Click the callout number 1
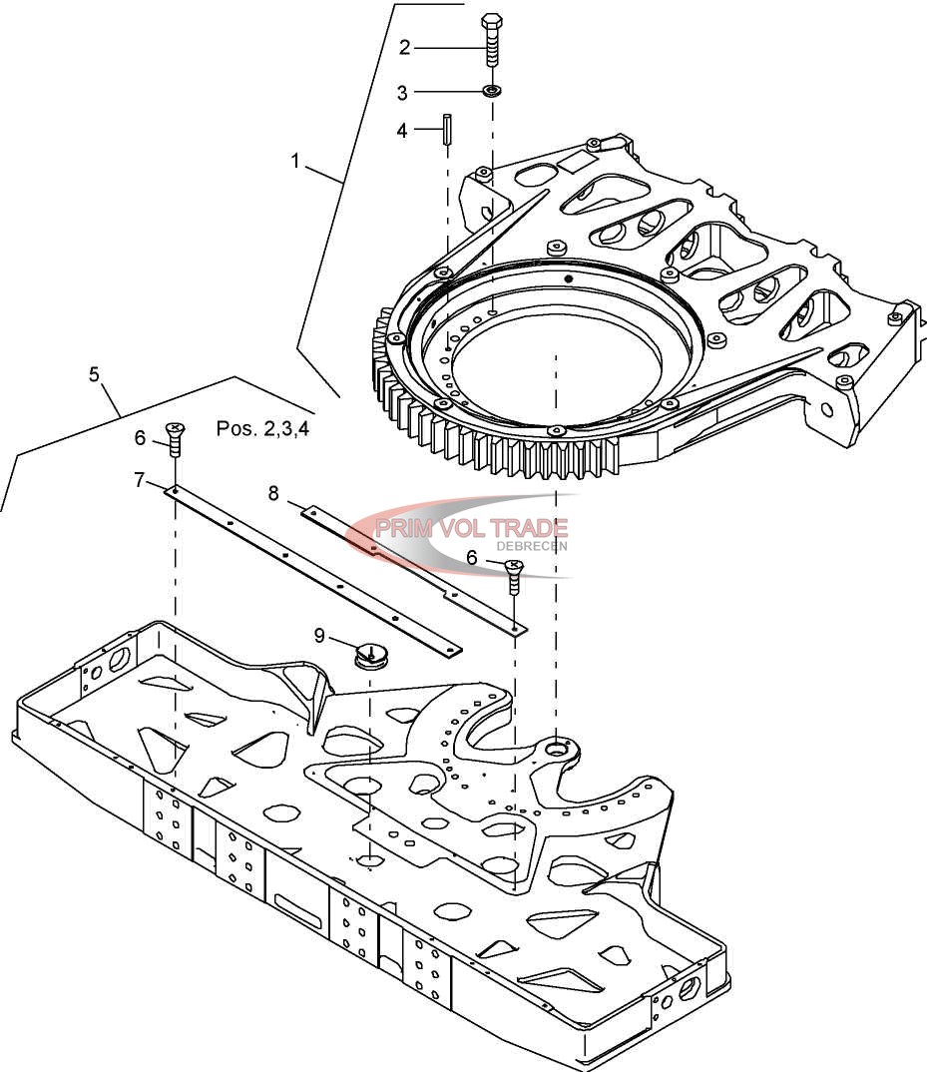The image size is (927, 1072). pyautogui.click(x=295, y=162)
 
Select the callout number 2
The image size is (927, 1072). pyautogui.click(x=405, y=47)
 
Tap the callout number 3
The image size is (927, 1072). pyautogui.click(x=403, y=92)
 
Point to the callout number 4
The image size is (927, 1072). pyautogui.click(x=402, y=130)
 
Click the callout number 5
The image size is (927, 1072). pyautogui.click(x=95, y=374)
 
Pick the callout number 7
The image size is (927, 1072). pyautogui.click(x=140, y=481)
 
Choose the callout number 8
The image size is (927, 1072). pyautogui.click(x=273, y=493)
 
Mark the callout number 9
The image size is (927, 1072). pyautogui.click(x=319, y=636)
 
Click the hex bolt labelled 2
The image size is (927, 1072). pyautogui.click(x=491, y=40)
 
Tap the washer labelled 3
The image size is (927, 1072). pyautogui.click(x=491, y=90)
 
